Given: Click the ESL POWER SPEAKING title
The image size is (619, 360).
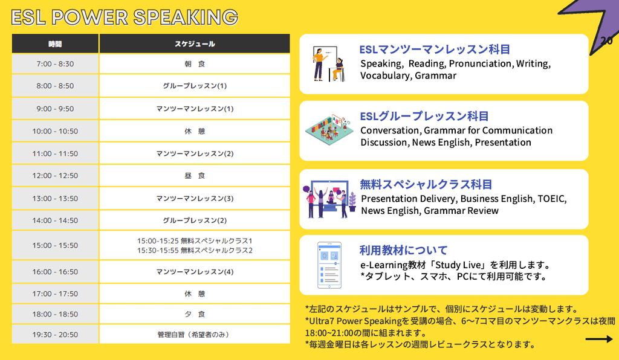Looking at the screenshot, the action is (x=125, y=18).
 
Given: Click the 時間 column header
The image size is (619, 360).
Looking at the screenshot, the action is (x=55, y=43).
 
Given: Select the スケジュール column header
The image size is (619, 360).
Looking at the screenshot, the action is (x=195, y=43).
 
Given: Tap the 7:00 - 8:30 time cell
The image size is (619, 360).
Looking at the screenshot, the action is (x=55, y=64).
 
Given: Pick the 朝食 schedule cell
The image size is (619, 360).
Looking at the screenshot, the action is (x=195, y=64).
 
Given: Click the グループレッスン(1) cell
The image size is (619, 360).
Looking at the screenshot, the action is (x=195, y=86).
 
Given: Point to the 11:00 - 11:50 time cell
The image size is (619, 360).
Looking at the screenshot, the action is (x=55, y=153).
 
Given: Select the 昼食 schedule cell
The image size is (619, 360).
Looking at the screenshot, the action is (x=195, y=175).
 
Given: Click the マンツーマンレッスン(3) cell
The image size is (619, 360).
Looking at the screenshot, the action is (x=195, y=198).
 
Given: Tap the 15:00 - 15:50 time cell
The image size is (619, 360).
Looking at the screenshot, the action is (x=55, y=245).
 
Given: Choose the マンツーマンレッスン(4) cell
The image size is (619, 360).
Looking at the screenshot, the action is (x=195, y=272).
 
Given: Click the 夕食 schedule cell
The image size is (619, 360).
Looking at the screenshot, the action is (x=195, y=314).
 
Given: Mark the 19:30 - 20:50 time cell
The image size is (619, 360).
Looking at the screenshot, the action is (x=55, y=335).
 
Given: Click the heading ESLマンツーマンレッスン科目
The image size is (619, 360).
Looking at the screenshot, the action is (x=435, y=50).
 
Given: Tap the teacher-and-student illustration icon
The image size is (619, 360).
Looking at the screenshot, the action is (x=328, y=64).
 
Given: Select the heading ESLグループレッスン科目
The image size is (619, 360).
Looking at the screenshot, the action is (x=424, y=117).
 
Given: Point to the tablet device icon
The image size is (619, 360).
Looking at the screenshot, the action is (x=329, y=265).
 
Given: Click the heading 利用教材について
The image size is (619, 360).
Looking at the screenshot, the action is (x=403, y=250).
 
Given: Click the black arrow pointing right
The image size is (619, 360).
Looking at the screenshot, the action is (x=599, y=339).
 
